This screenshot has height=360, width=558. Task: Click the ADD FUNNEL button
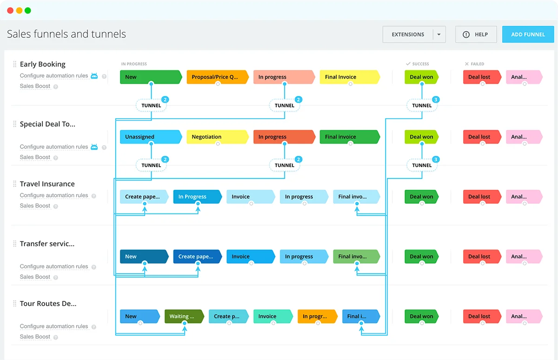528,34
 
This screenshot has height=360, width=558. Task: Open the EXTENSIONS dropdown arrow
438,34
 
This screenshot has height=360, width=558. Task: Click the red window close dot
10,10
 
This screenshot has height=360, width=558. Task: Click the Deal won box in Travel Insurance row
421,197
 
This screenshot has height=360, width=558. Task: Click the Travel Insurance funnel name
47,184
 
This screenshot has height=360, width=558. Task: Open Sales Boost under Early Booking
35,86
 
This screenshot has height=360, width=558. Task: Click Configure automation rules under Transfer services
54,267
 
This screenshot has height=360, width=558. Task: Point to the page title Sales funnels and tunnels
66,34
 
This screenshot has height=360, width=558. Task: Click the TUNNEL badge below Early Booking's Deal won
422,106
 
